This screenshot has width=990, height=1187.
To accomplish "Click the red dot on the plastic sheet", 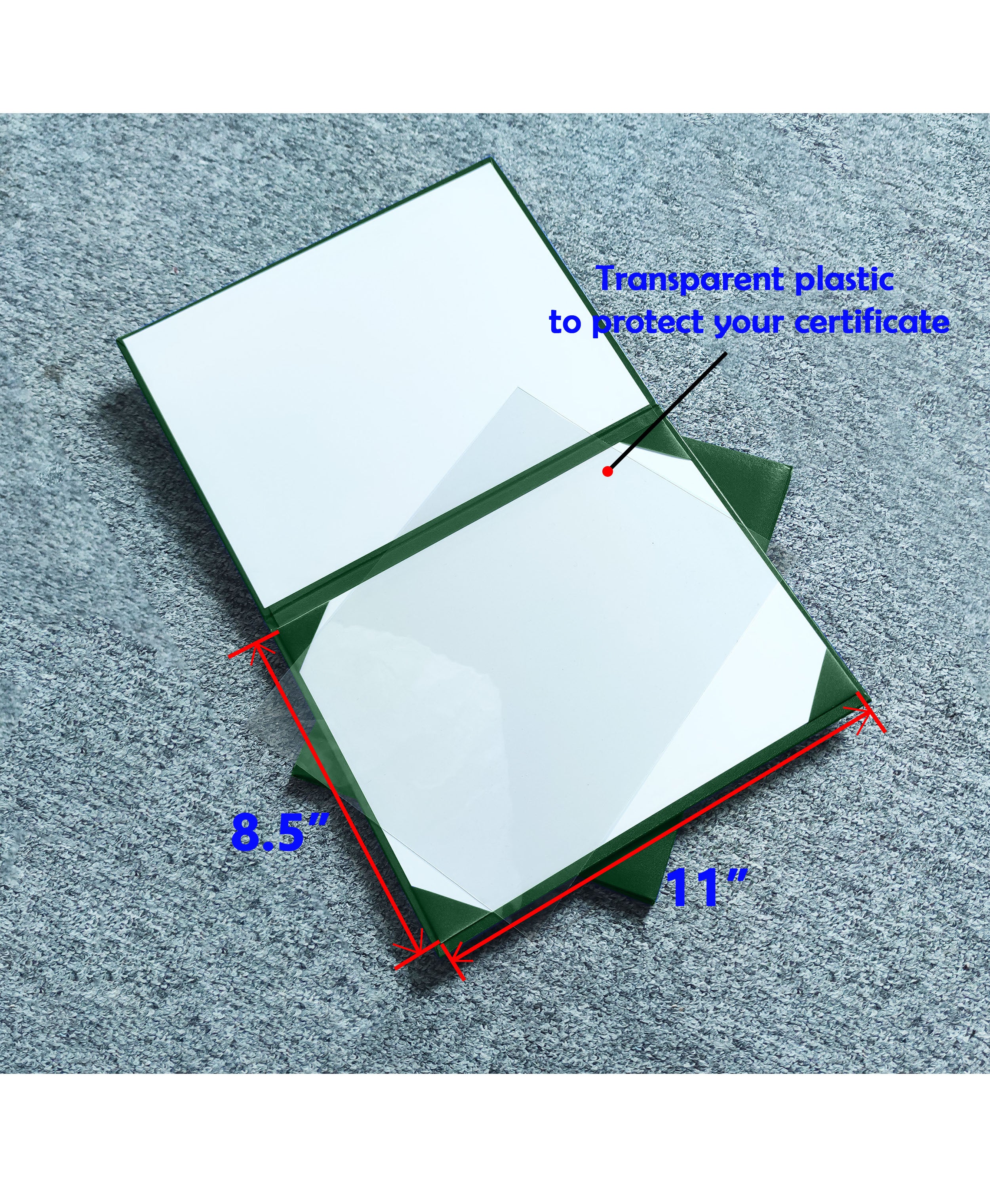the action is (607, 471).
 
